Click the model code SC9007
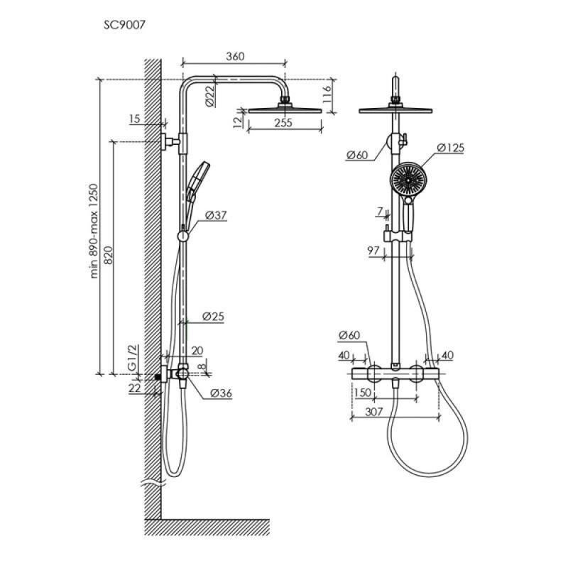tap(125, 25)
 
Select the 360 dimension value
tap(235, 57)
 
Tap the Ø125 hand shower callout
tap(450, 148)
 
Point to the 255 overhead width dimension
tap(283, 123)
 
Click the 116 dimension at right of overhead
tap(327, 94)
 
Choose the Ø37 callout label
tap(216, 216)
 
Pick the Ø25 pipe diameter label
tap(213, 317)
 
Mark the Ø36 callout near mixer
tap(221, 393)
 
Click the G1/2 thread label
tap(133, 358)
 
